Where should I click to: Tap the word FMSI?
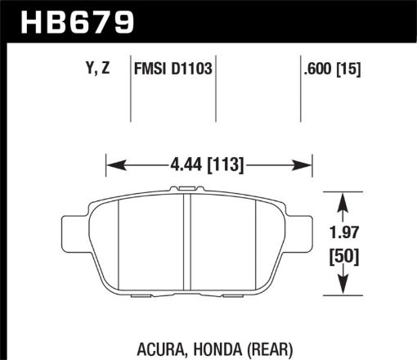click(x=149, y=70)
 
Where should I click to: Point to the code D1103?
click(x=191, y=70)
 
